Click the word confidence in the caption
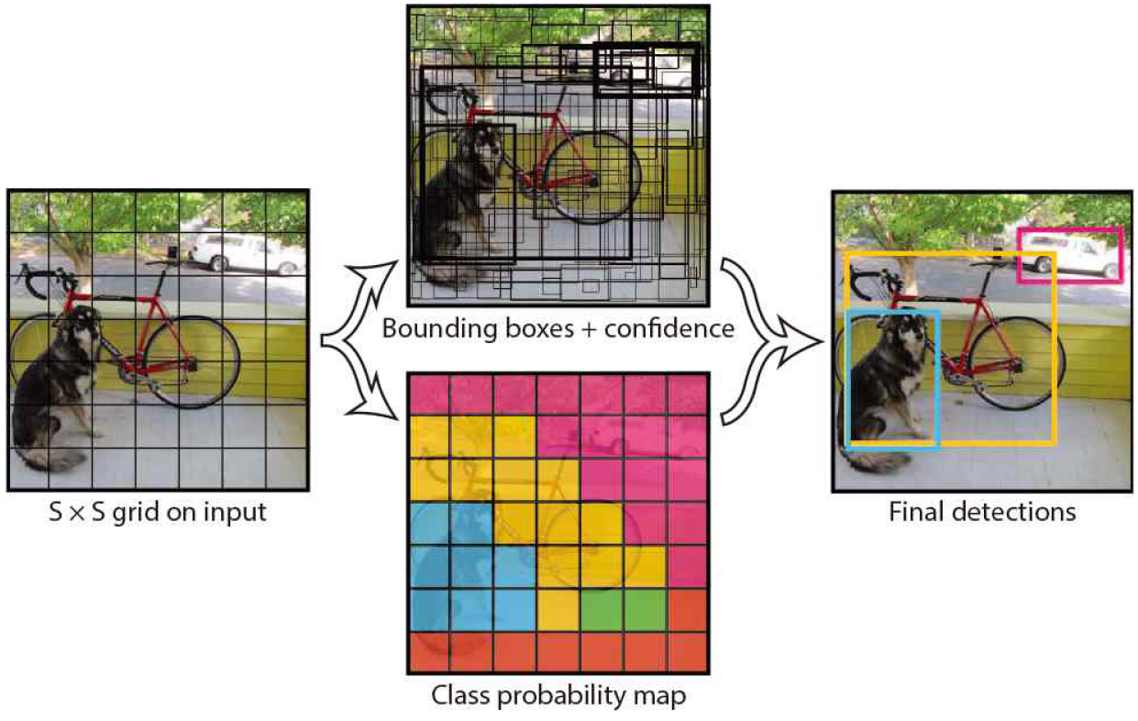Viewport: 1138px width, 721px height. [x=669, y=328]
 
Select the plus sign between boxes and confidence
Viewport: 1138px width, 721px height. [x=590, y=330]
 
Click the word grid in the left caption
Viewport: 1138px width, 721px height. [x=136, y=513]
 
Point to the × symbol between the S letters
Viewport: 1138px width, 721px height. [x=77, y=513]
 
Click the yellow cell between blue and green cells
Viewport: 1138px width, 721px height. [x=558, y=610]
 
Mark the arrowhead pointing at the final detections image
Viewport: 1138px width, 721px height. [x=801, y=342]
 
